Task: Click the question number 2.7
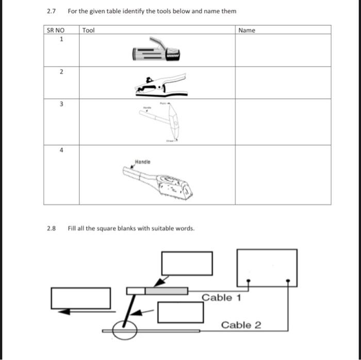[51, 11]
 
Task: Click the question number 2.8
[51, 228]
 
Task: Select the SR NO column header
[55, 30]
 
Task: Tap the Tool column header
[89, 30]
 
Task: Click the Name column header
[247, 30]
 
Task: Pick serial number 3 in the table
[61, 104]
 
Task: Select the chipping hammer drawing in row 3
[166, 122]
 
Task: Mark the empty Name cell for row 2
[283, 82]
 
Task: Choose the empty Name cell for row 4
[283, 175]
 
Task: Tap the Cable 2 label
[241, 325]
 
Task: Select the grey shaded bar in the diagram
[166, 291]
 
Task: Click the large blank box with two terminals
[267, 267]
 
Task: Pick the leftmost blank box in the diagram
[80, 298]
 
